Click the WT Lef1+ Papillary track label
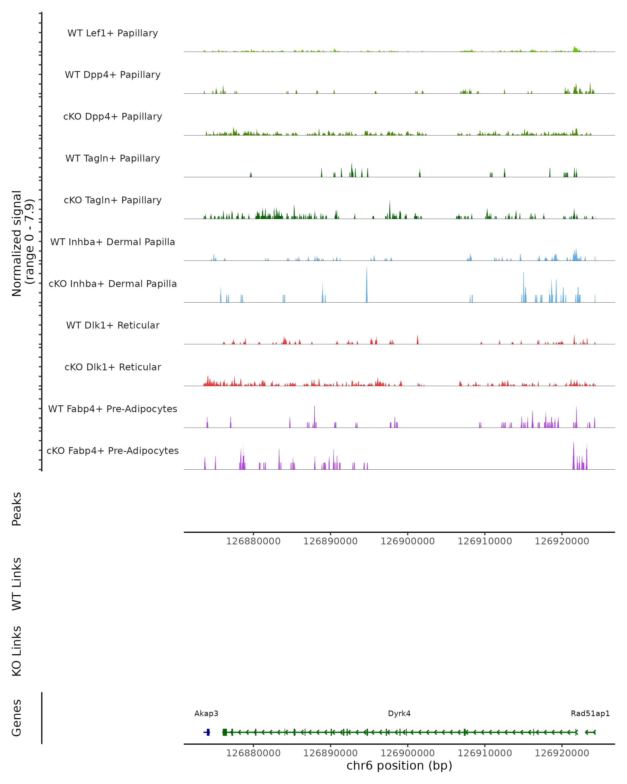pyautogui.click(x=113, y=33)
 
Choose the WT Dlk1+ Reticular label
pyautogui.click(x=113, y=325)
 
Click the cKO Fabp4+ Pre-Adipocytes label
pyautogui.click(x=113, y=451)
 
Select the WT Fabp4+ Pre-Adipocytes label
pyautogui.click(x=113, y=409)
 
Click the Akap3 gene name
pyautogui.click(x=206, y=713)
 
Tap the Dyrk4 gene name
pyautogui.click(x=399, y=713)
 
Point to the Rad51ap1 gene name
pyautogui.click(x=590, y=713)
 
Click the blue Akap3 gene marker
pyautogui.click(x=207, y=732)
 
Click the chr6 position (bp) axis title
pyautogui.click(x=399, y=765)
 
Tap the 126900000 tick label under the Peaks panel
pyautogui.click(x=408, y=541)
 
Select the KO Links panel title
pyautogui.click(x=17, y=651)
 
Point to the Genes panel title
pyautogui.click(x=17, y=718)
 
